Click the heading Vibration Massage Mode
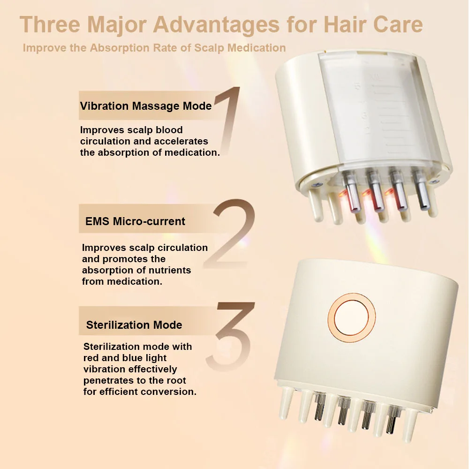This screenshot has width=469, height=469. [146, 106]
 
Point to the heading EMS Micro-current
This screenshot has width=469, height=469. [135, 221]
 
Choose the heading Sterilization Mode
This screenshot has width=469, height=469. [134, 325]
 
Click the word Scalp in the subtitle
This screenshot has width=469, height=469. [209, 48]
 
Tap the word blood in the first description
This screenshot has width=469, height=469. [169, 130]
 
